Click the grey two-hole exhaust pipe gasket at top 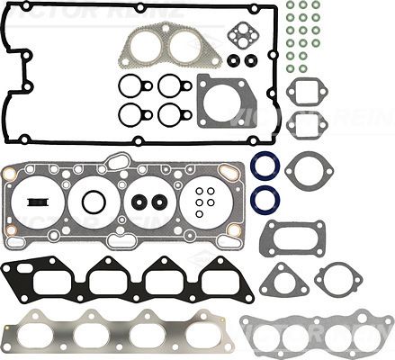(x=170, y=47)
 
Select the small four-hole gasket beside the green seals (x=244, y=37)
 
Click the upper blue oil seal (x=265, y=167)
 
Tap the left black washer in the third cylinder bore (x=139, y=200)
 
